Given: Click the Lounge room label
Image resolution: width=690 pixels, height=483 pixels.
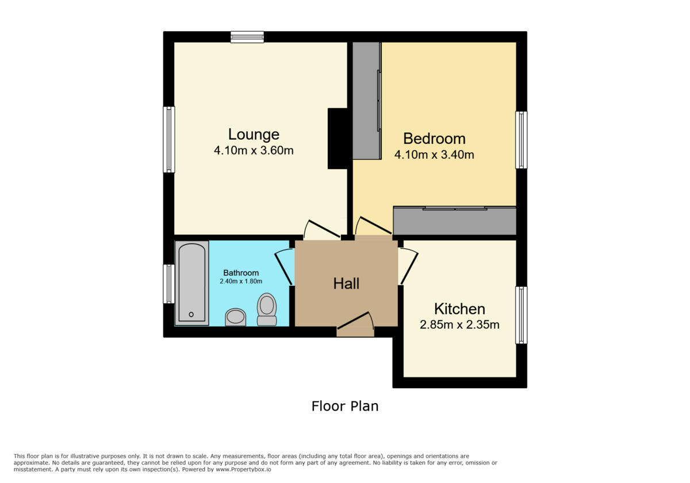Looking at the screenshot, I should (x=254, y=135).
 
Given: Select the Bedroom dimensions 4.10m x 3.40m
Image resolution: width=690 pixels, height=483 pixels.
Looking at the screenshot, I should (x=434, y=155).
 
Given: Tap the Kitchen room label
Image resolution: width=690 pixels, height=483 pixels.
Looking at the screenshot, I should (x=459, y=309).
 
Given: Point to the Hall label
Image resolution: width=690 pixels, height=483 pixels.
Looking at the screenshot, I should (x=346, y=283).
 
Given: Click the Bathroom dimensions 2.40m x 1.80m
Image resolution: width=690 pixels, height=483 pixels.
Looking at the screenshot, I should (x=241, y=282).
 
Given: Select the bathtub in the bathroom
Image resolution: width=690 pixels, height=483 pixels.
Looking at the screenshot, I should (x=191, y=283).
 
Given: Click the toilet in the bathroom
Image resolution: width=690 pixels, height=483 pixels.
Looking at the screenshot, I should (x=266, y=310).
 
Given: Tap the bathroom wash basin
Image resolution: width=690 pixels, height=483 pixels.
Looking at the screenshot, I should (x=235, y=317).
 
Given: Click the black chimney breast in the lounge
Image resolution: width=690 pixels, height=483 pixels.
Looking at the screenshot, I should (x=337, y=139).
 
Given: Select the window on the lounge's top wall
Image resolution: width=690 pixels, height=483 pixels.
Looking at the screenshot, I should (x=247, y=37).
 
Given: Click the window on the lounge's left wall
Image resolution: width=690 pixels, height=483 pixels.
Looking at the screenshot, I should (x=169, y=139).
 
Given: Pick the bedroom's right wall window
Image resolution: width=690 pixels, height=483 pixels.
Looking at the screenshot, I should (x=521, y=140).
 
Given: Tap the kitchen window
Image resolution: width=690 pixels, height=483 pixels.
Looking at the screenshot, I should (x=521, y=315).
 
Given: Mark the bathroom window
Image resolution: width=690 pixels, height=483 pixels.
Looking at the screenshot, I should (x=169, y=283).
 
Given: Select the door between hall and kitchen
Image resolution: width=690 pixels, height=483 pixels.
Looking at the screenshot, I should (x=408, y=266).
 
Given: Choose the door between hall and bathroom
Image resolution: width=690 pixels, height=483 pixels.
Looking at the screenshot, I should (x=284, y=267).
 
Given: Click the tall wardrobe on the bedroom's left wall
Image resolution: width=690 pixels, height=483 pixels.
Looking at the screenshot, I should (x=366, y=101).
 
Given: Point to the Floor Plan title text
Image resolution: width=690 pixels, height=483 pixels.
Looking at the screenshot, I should (x=345, y=406).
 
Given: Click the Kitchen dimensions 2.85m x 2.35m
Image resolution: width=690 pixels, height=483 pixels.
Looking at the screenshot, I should (x=459, y=325).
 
